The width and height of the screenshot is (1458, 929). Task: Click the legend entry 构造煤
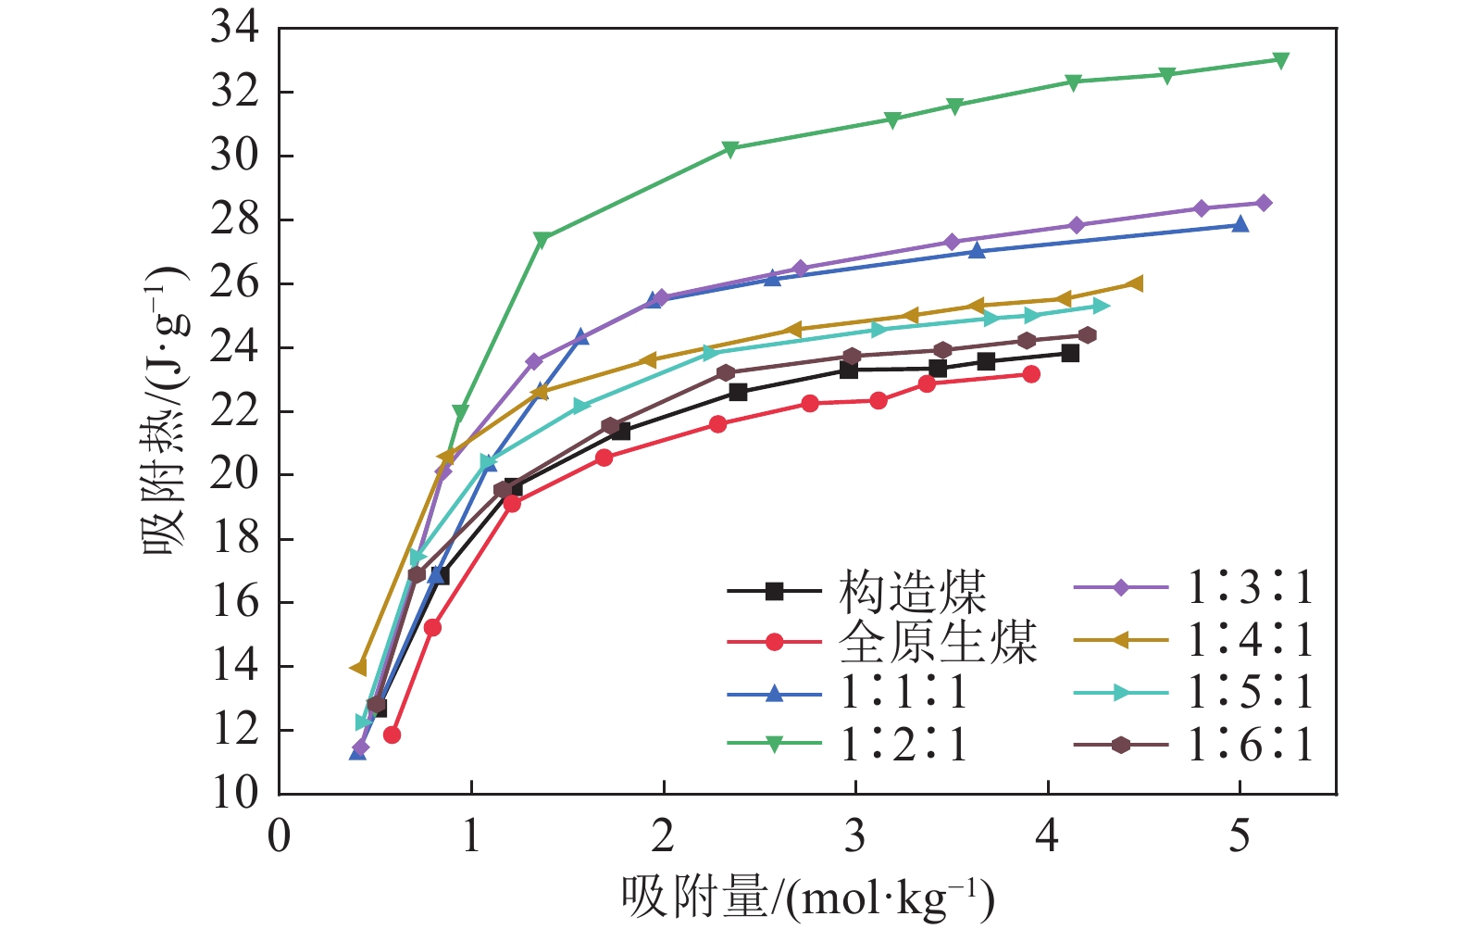click(912, 591)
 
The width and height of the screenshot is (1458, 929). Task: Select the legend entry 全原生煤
click(937, 642)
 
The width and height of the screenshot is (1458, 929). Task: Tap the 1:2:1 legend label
click(903, 744)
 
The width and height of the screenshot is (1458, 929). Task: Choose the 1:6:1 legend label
click(1250, 745)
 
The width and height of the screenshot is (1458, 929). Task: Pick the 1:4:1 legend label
click(1250, 640)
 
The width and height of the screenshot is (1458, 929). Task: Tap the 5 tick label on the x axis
click(1240, 837)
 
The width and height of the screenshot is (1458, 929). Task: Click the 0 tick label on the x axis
click(279, 837)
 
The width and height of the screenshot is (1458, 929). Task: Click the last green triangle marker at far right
click(1281, 60)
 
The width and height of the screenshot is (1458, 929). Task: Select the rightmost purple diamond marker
click(1264, 203)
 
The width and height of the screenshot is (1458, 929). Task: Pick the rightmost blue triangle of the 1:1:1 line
click(1240, 224)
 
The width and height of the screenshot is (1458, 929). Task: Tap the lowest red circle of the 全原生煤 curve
click(392, 734)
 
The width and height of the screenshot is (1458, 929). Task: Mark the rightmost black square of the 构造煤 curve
click(1070, 353)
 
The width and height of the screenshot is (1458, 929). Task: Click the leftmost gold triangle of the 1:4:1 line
click(358, 667)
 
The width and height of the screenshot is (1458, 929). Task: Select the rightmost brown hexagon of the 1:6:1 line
click(1088, 335)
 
